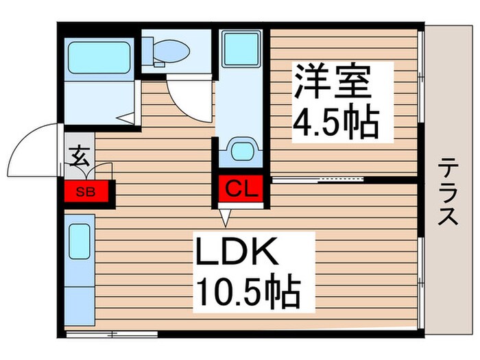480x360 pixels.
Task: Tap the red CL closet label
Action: (x=240, y=187)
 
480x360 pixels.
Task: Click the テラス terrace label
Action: (x=449, y=191)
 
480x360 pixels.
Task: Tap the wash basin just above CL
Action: (x=241, y=150)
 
